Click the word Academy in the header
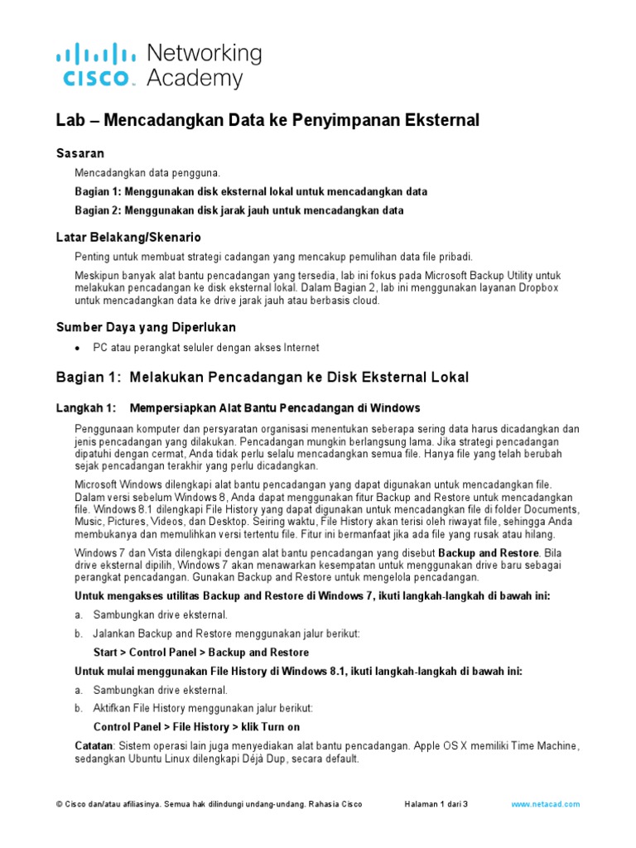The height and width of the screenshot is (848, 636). pyautogui.click(x=195, y=79)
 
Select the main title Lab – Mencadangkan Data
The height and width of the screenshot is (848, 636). pyautogui.click(x=267, y=121)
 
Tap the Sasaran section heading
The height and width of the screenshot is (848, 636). pyautogui.click(x=79, y=154)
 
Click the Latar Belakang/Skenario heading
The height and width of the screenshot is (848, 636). pyautogui.click(x=128, y=238)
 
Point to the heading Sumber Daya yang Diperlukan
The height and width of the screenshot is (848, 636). pyautogui.click(x=146, y=327)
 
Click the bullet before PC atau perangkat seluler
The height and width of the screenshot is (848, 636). pyautogui.click(x=78, y=349)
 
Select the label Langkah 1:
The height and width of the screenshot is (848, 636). pyautogui.click(x=84, y=408)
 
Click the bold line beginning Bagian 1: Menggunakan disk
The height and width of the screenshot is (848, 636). pyautogui.click(x=251, y=192)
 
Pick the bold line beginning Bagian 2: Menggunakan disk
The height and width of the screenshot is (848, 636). pyautogui.click(x=239, y=211)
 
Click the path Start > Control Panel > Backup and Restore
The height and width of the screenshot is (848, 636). pyautogui.click(x=201, y=653)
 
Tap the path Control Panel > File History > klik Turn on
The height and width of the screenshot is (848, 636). pyautogui.click(x=196, y=727)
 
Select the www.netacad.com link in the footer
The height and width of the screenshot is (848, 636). pyautogui.click(x=546, y=804)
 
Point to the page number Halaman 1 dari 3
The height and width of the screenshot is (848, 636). pyautogui.click(x=436, y=804)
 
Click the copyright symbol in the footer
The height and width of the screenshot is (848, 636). pyautogui.click(x=59, y=804)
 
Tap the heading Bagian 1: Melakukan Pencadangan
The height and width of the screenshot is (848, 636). pyautogui.click(x=262, y=378)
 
